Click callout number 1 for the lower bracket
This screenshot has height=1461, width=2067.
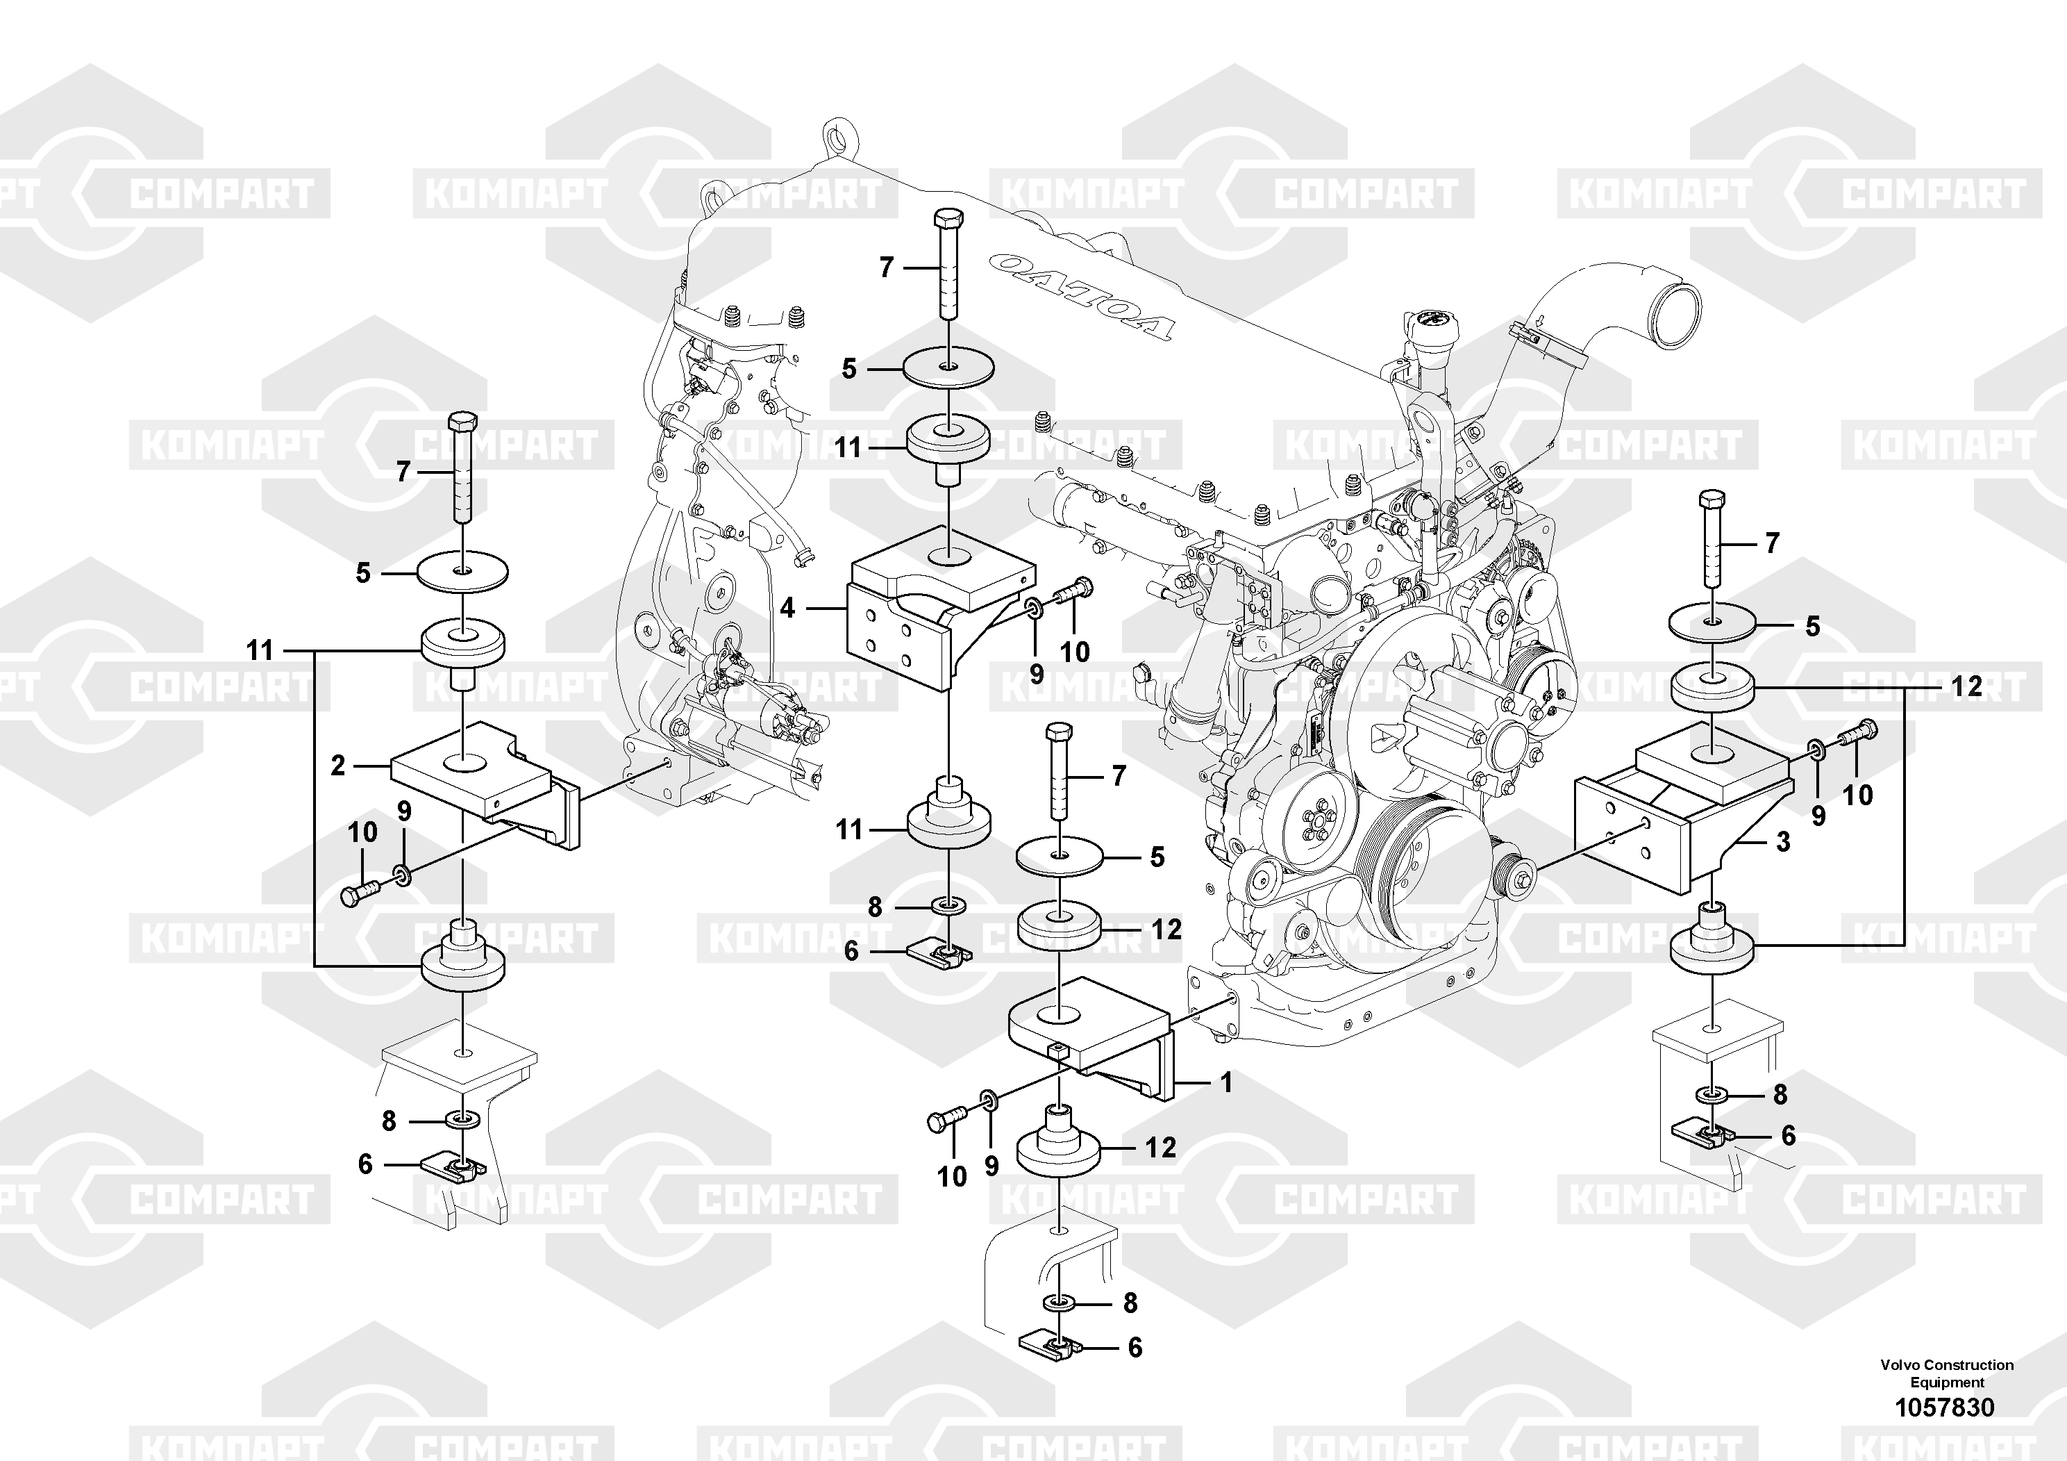(x=1225, y=1082)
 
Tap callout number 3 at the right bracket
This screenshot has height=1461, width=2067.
(x=1782, y=842)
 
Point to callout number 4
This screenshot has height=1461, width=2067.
(x=788, y=609)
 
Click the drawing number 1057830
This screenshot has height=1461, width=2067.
(x=1945, y=1407)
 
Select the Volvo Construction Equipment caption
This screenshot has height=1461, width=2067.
(x=1945, y=1373)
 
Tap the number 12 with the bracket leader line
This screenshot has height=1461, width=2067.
(x=1967, y=686)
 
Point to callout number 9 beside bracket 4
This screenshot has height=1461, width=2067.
(x=1036, y=673)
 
